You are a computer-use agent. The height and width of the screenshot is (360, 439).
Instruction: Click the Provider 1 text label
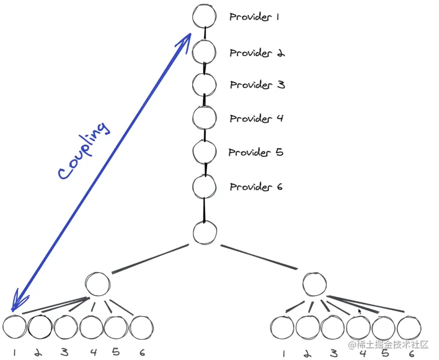tap(254, 17)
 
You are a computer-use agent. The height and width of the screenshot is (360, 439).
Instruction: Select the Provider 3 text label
tap(257, 85)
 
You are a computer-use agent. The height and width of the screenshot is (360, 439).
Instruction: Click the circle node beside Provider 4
tap(205, 117)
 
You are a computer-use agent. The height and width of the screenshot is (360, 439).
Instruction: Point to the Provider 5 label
tap(256, 152)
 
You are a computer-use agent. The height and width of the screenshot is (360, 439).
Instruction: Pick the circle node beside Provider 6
tap(205, 186)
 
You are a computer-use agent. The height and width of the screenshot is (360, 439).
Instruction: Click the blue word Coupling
tap(83, 150)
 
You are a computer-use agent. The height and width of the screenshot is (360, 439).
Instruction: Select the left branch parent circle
tap(98, 284)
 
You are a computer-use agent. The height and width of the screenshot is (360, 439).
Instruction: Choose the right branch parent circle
tap(315, 284)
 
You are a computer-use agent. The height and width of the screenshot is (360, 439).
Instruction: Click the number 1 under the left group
tap(15, 352)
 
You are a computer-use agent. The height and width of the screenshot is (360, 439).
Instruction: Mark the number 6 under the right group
tap(411, 352)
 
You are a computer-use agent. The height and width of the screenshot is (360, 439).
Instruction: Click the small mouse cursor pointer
tap(360, 312)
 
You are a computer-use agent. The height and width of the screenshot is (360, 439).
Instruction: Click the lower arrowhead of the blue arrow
tap(16, 305)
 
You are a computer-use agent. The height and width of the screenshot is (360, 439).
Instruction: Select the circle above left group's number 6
tap(141, 328)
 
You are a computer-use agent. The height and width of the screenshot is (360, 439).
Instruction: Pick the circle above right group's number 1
tap(282, 328)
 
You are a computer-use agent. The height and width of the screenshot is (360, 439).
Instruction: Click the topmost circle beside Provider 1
tap(204, 16)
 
